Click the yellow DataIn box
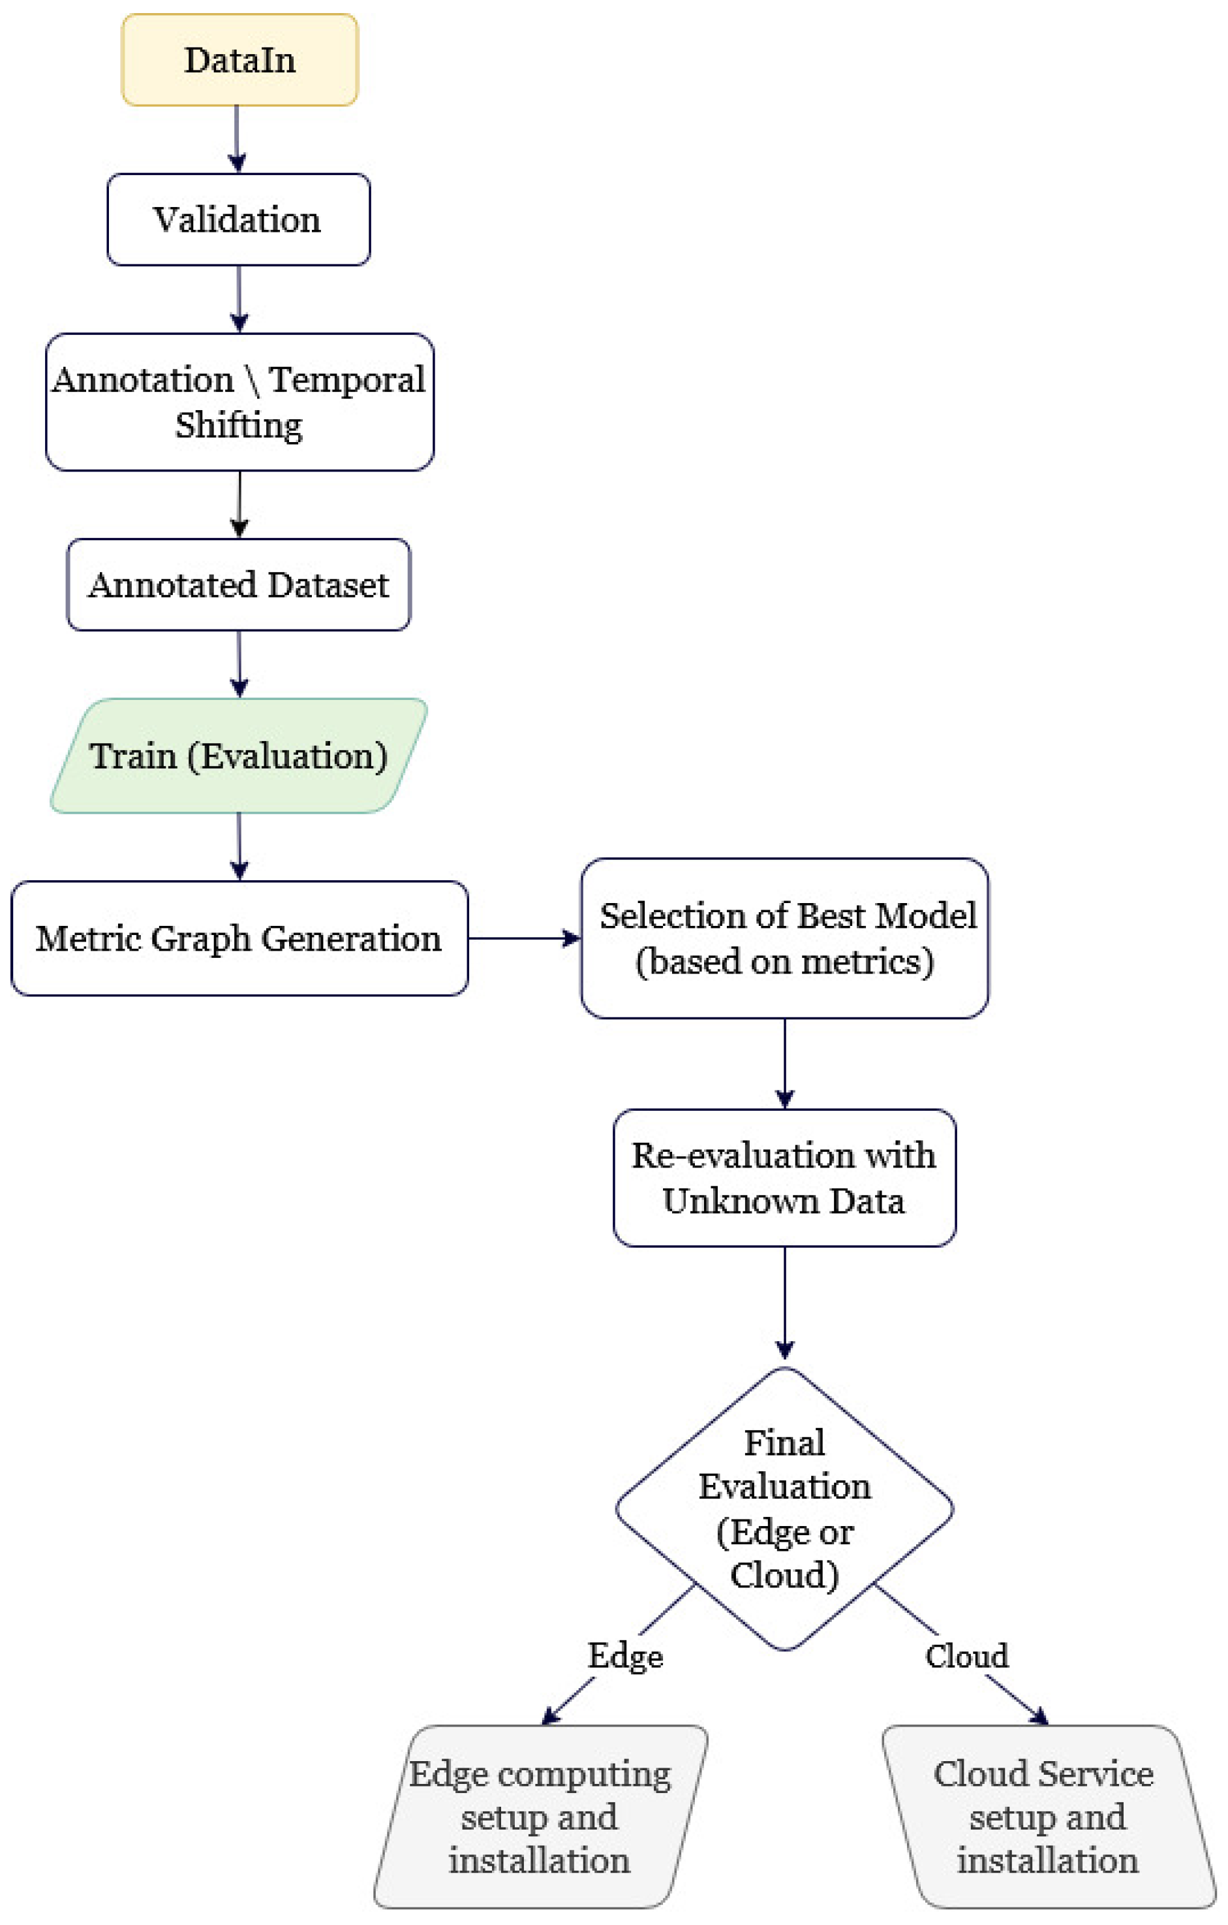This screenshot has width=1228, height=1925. (239, 60)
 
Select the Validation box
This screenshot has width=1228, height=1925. (238, 220)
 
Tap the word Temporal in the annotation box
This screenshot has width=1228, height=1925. (346, 380)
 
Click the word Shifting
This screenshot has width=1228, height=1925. (239, 425)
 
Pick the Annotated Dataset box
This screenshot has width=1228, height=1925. (238, 584)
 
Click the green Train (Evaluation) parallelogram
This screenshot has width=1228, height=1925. (238, 756)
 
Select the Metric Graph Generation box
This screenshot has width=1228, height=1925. (238, 938)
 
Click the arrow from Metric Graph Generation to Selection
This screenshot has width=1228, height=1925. (523, 938)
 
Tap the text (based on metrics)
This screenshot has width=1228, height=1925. (784, 962)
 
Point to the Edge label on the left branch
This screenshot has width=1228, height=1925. (625, 1657)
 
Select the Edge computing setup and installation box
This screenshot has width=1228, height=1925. (540, 1817)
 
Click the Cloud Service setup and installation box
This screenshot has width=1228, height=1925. (1046, 1817)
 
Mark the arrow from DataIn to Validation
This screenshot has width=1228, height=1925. (238, 138)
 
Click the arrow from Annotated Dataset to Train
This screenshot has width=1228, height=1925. (239, 663)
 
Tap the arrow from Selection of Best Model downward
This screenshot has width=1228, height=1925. (784, 1062)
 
